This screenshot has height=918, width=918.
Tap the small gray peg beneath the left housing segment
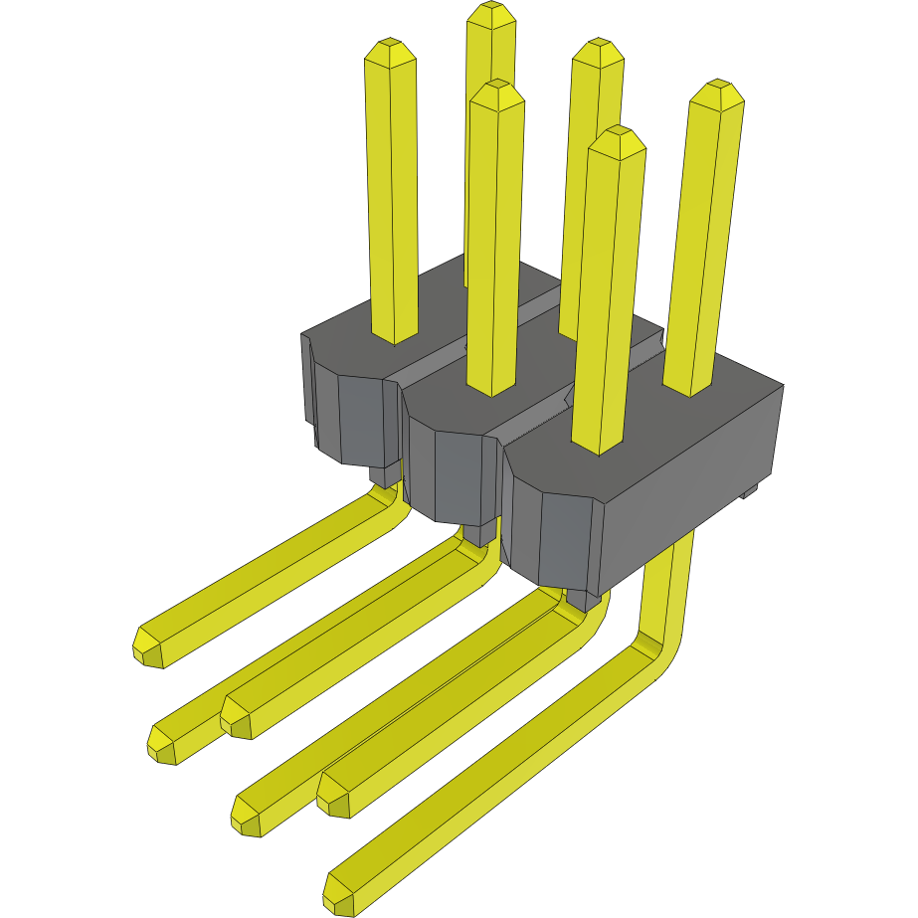tap(383, 475)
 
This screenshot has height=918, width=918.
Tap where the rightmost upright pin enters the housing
tap(688, 388)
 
